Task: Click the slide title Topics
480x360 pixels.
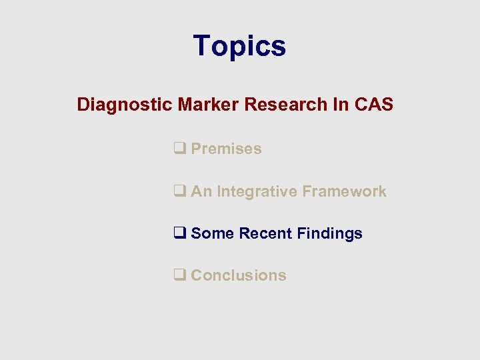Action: click(x=239, y=47)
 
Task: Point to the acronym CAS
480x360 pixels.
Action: click(x=373, y=105)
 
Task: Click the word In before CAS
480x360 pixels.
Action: click(x=338, y=105)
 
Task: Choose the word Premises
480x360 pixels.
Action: click(x=226, y=149)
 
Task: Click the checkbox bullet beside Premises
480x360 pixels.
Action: click(x=179, y=149)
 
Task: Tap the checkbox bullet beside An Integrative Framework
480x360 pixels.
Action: click(x=179, y=192)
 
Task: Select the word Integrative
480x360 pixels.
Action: click(x=257, y=192)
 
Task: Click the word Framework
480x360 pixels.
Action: click(x=344, y=192)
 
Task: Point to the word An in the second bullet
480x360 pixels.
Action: click(x=201, y=192)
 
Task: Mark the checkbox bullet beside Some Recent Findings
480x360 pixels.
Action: click(x=179, y=234)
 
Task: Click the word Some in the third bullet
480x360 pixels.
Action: click(x=212, y=234)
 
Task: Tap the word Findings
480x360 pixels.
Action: click(x=329, y=234)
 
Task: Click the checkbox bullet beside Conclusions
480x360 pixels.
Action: click(x=179, y=276)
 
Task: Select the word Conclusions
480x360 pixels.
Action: click(x=239, y=276)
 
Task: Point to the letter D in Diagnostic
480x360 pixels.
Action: click(x=83, y=105)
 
